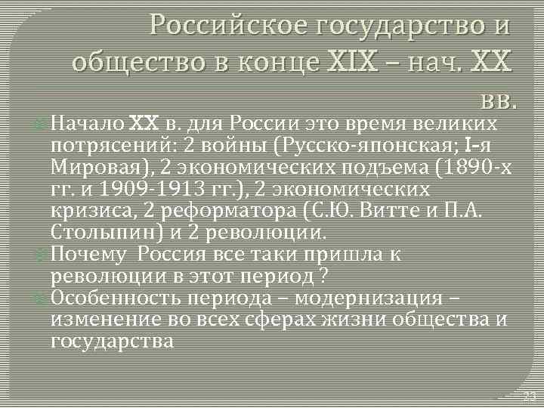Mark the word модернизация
[x=405, y=298]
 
